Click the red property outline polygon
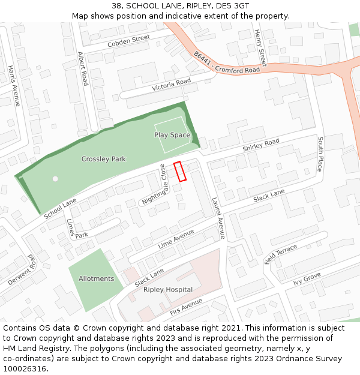(180, 172)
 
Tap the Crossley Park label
(104, 159)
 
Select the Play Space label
(172, 135)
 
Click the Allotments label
(96, 278)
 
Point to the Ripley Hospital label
(168, 290)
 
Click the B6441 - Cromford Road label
(227, 62)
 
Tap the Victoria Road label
(171, 85)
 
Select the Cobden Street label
(128, 41)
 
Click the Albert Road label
(83, 68)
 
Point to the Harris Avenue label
(14, 86)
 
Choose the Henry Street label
(260, 48)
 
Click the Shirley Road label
(261, 145)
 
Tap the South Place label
(320, 154)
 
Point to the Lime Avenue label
(176, 238)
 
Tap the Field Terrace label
(281, 254)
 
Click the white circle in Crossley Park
(55, 179)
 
